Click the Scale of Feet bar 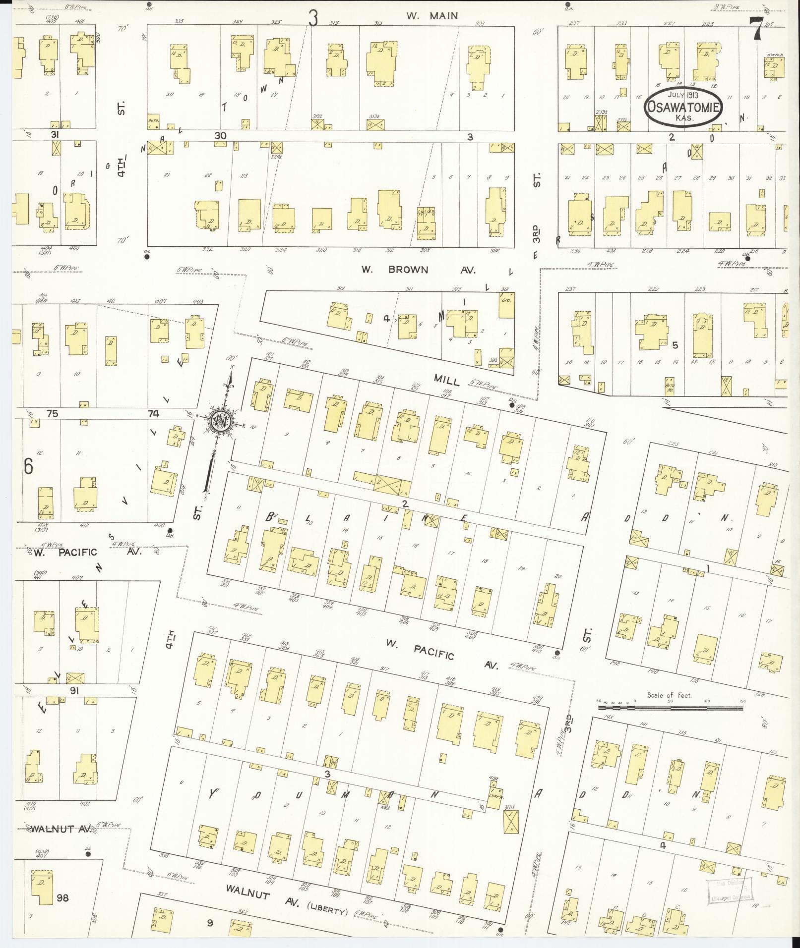tap(670, 708)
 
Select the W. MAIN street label tap(432, 16)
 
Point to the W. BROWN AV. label tap(418, 271)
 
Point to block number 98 tap(62, 897)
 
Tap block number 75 tap(52, 414)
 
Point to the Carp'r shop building tap(494, 799)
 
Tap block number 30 tap(220, 135)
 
